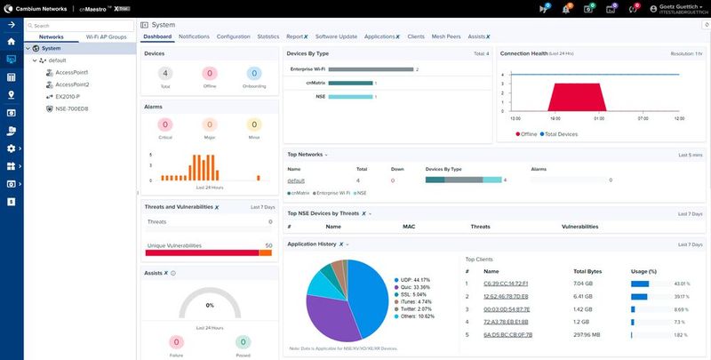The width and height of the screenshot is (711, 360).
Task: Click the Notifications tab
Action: click(x=194, y=36)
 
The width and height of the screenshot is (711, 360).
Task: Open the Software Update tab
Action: click(x=336, y=36)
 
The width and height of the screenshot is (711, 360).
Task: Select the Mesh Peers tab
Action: click(x=446, y=36)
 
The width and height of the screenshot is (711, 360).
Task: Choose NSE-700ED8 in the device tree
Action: click(x=72, y=108)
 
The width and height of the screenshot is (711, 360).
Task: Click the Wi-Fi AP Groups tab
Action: click(x=106, y=36)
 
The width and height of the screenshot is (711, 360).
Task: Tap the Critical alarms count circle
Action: click(x=166, y=126)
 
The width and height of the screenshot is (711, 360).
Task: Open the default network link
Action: click(x=296, y=180)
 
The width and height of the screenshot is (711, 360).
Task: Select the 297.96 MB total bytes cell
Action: click(x=589, y=334)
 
